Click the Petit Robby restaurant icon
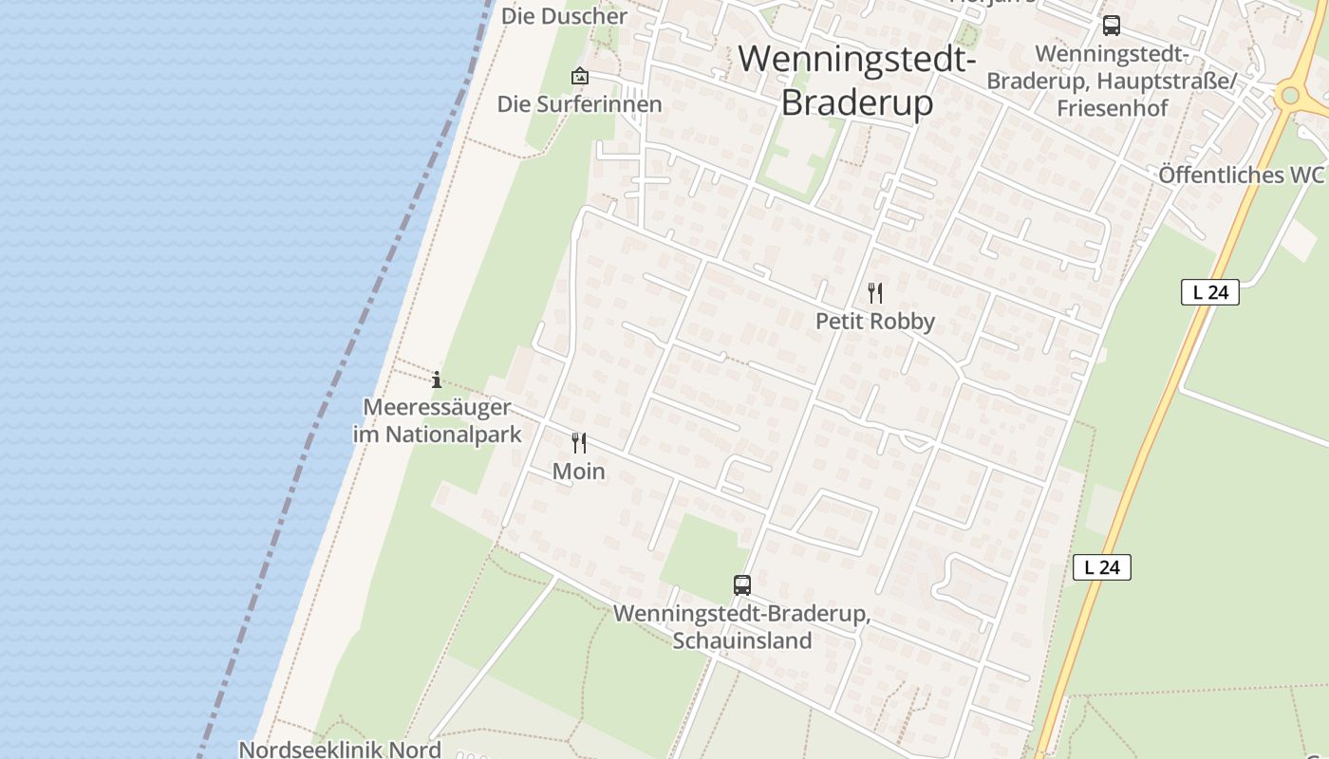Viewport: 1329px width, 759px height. click(875, 293)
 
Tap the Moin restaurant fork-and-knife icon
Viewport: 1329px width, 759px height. click(579, 443)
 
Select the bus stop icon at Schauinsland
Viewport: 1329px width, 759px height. click(742, 585)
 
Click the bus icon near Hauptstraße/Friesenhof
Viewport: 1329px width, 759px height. click(1111, 26)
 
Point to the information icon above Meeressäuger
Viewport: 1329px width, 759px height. click(437, 380)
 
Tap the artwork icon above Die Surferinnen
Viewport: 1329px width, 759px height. click(579, 76)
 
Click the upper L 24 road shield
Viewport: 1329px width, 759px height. click(1210, 292)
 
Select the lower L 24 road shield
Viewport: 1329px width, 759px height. click(1102, 567)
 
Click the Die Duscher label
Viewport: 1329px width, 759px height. click(564, 16)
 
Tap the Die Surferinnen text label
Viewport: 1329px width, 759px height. click(579, 104)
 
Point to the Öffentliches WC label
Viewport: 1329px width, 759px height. click(1241, 176)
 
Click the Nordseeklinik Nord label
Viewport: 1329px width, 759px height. click(340, 749)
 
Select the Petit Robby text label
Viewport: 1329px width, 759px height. click(875, 322)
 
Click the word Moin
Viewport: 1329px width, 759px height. click(579, 472)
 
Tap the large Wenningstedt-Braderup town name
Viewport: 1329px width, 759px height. click(857, 80)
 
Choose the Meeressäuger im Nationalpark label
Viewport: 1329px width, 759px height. click(438, 421)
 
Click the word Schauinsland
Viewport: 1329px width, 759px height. click(742, 640)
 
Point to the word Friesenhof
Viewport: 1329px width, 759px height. click(1113, 107)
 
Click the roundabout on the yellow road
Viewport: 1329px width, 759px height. click(1288, 95)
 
